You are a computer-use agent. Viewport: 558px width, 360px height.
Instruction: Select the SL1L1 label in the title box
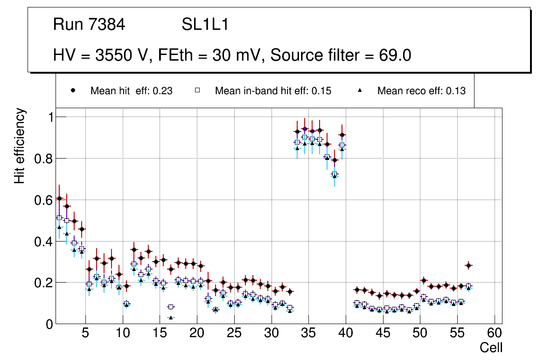[x=205, y=25]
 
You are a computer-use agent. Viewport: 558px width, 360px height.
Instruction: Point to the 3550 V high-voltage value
[x=121, y=55]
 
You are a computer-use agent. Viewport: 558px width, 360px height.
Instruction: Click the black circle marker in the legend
[x=73, y=90]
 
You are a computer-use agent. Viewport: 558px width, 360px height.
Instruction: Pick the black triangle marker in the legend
[x=360, y=90]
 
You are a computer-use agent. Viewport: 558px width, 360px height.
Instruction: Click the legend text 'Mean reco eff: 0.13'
[x=421, y=91]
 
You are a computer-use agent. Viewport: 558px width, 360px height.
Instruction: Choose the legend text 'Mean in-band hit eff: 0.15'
[x=273, y=91]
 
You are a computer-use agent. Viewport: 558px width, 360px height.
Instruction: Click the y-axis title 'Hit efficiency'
[x=20, y=145]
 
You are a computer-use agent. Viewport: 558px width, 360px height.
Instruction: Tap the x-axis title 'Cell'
[x=491, y=348]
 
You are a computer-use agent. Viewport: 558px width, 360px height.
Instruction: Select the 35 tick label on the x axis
[x=308, y=334]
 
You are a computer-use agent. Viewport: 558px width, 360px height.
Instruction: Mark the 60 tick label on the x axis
[x=495, y=334]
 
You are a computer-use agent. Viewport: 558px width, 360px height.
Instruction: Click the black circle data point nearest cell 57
[x=469, y=265]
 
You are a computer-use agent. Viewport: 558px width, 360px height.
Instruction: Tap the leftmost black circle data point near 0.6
[x=59, y=198]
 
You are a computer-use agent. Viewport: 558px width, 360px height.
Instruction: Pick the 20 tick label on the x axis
[x=196, y=334]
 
